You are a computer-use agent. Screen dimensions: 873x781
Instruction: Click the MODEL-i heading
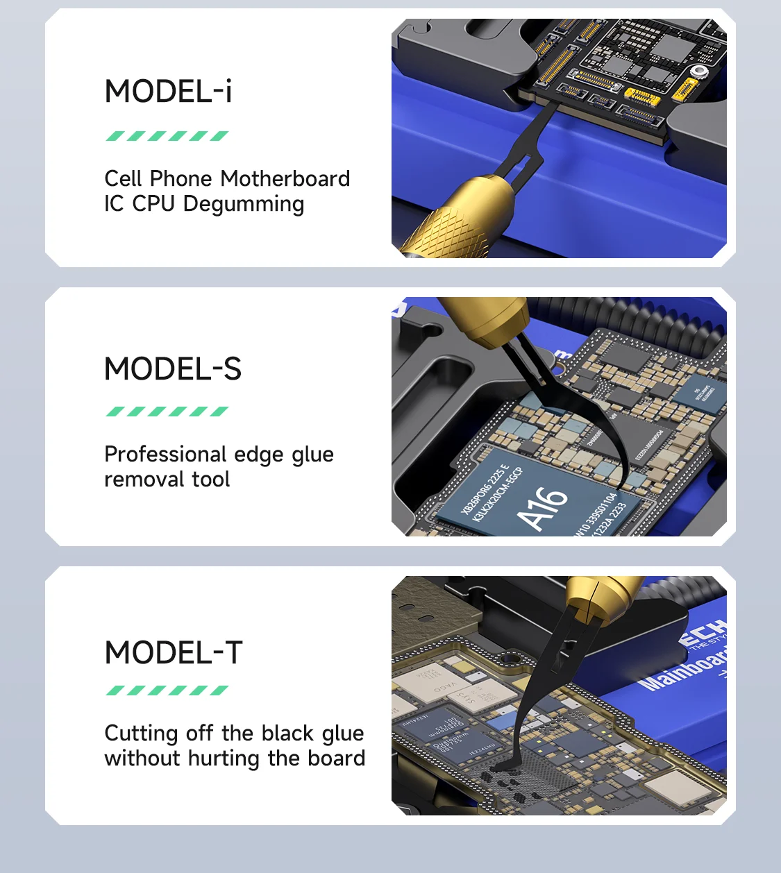click(x=168, y=92)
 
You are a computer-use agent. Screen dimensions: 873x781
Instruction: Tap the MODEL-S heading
click(x=173, y=368)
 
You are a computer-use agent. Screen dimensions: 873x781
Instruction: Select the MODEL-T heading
click(x=174, y=652)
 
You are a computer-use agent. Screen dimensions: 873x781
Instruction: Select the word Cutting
click(x=141, y=734)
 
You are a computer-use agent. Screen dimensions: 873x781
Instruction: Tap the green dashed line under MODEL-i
click(x=167, y=136)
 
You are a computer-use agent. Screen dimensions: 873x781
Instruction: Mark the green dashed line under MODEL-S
click(x=167, y=412)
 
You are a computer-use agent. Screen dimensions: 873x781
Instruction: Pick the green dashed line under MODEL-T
click(x=167, y=690)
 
